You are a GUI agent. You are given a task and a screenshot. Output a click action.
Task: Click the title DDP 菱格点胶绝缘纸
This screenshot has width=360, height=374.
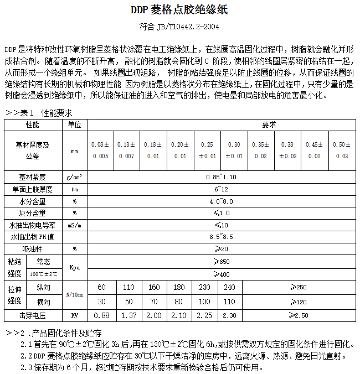click(x=179, y=9)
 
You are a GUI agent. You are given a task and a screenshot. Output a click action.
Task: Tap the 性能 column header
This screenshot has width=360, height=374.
click(x=32, y=125)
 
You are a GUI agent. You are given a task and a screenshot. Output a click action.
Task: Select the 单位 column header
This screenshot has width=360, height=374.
click(x=74, y=125)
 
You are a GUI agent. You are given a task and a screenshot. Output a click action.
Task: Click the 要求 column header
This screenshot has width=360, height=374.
click(x=269, y=125)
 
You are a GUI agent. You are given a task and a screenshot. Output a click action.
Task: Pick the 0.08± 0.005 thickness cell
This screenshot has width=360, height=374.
click(x=100, y=150)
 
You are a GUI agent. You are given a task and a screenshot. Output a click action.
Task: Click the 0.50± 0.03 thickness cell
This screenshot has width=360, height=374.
click(x=342, y=150)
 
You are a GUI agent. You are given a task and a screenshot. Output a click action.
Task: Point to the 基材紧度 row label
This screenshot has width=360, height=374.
click(x=32, y=177)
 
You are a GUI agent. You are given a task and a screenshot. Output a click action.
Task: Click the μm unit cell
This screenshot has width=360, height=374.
click(x=74, y=189)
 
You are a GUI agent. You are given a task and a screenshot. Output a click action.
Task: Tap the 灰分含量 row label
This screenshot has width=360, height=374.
click(x=32, y=213)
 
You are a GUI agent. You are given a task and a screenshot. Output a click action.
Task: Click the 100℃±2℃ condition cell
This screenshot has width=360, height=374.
click(x=43, y=274)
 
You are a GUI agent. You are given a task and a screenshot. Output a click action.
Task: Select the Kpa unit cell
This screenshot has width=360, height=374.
click(x=74, y=267)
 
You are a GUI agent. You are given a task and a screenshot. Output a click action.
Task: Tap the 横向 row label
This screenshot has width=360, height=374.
click(x=43, y=302)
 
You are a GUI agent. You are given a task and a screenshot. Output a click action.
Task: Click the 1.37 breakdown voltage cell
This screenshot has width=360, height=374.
click(x=128, y=315)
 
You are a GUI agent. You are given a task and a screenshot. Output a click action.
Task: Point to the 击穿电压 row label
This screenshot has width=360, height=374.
click(x=32, y=315)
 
